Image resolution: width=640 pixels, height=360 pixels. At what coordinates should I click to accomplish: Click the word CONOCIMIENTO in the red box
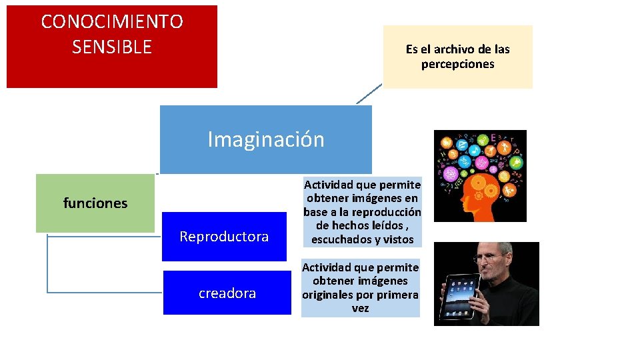point(112,22)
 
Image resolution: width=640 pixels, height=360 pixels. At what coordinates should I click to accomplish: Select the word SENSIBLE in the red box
point(112,47)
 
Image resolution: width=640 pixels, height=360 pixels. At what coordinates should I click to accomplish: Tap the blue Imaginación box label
point(266,139)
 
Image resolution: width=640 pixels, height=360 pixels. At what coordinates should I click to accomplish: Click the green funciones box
point(95,203)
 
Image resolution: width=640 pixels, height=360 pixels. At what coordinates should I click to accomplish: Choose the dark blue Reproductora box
point(224,237)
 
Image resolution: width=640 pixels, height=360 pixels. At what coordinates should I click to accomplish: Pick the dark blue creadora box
point(227,293)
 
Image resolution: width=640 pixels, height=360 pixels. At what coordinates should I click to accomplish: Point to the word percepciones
point(457,65)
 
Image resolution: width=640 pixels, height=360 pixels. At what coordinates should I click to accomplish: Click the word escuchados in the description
point(340,239)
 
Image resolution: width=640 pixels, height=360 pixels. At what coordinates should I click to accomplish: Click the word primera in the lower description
point(397,295)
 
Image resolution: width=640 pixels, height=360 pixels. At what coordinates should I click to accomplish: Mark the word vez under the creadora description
point(360,309)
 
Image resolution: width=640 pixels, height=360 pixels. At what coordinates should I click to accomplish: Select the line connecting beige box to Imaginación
point(369,95)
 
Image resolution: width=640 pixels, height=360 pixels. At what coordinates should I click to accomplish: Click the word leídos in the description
point(383,226)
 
